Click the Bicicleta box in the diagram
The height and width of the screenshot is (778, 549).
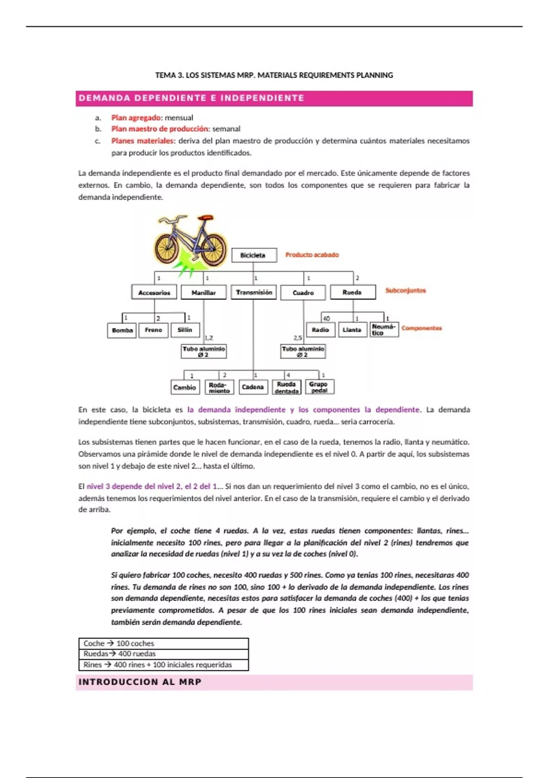[254, 255]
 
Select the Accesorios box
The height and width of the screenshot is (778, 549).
[154, 292]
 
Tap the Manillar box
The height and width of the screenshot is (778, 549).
[204, 292]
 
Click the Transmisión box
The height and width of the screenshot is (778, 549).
[253, 292]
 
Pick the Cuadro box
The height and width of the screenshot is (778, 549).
[303, 292]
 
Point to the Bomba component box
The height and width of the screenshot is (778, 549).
[122, 330]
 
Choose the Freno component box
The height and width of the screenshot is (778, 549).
[153, 330]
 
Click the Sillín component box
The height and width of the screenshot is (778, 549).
[185, 330]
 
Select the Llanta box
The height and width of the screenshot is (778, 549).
[352, 330]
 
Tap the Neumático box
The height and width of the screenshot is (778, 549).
[383, 330]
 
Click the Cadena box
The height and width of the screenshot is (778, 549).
[253, 387]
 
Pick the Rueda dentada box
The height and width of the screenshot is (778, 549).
[286, 387]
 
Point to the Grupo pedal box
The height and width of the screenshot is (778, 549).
[319, 387]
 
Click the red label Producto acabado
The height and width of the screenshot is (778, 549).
[312, 255]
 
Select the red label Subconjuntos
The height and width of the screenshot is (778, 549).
[405, 291]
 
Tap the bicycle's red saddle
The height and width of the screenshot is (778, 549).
[206, 218]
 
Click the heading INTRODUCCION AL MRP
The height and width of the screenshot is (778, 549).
[140, 682]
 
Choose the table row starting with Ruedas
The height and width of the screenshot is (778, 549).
[163, 654]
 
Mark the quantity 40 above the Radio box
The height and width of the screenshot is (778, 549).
[326, 319]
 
